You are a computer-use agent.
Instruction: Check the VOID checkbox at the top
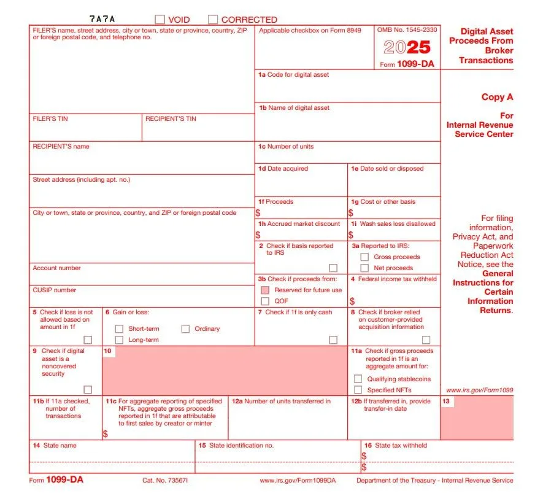(x=160, y=20)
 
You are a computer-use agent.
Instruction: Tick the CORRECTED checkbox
(x=213, y=20)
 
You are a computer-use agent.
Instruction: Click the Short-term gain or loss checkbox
(x=119, y=329)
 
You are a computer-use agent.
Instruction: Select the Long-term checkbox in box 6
(x=119, y=340)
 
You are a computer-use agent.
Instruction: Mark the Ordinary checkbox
(x=185, y=329)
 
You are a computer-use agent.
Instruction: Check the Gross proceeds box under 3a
(x=364, y=257)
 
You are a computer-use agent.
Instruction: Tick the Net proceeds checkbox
(x=364, y=268)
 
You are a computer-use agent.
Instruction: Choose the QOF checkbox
(x=265, y=301)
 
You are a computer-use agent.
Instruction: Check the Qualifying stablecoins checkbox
(x=358, y=379)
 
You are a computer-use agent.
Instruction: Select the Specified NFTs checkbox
(x=358, y=390)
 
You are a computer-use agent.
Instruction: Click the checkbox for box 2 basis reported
(x=333, y=268)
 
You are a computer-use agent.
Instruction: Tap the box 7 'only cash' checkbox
(x=333, y=340)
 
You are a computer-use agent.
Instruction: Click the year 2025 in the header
(x=407, y=47)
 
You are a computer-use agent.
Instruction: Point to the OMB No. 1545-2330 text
(x=407, y=29)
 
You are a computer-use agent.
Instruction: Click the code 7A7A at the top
(x=102, y=20)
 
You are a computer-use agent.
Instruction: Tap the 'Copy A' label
(x=497, y=97)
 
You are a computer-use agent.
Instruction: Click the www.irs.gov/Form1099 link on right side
(x=479, y=390)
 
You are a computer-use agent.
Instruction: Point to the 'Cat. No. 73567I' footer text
(x=165, y=480)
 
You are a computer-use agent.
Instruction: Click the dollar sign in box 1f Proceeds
(x=258, y=213)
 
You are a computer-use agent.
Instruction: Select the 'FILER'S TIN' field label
(x=50, y=118)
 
